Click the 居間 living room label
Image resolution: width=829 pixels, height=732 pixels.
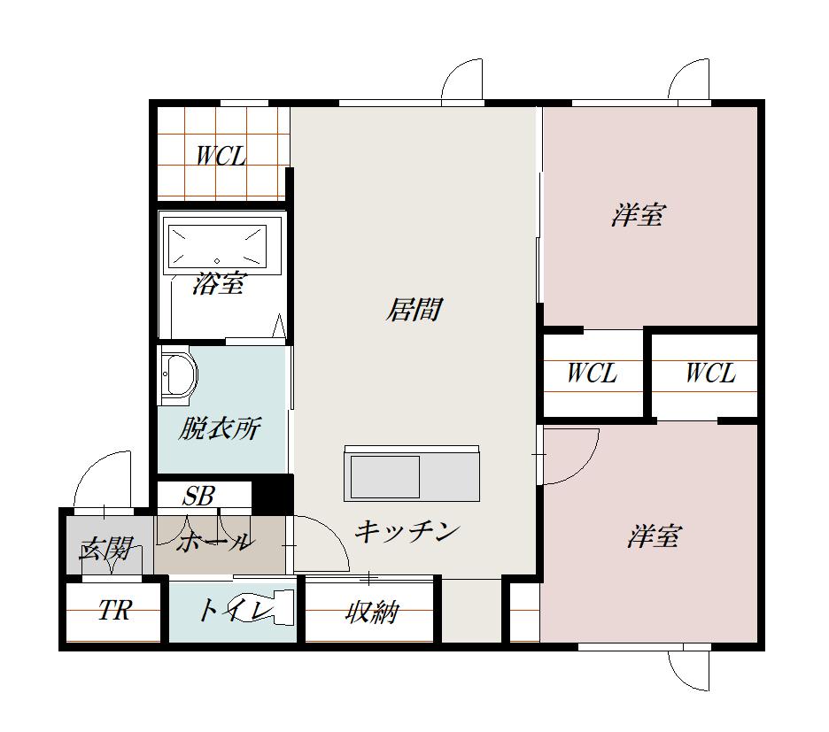tap(414, 309)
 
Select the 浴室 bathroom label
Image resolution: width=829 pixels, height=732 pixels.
tap(218, 284)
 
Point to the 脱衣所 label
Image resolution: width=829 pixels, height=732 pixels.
tap(220, 428)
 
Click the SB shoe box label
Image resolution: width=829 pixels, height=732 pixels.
tap(198, 496)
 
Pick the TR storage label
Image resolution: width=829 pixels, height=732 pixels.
tap(114, 611)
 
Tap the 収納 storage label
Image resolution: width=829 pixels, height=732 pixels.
tap(372, 612)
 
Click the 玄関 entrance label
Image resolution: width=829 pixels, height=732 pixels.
tap(105, 549)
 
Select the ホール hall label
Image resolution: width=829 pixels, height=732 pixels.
tap(213, 542)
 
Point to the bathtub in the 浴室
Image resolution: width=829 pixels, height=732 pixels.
tap(217, 245)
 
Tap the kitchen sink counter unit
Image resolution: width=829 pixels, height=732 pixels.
tap(412, 474)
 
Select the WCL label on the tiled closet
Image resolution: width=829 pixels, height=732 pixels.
tap(221, 157)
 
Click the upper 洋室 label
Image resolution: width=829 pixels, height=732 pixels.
tap(638, 215)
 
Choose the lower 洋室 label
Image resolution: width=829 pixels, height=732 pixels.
tap(654, 536)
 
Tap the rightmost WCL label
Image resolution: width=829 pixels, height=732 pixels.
tap(710, 374)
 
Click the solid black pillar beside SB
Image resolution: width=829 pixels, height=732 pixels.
tap(272, 494)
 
